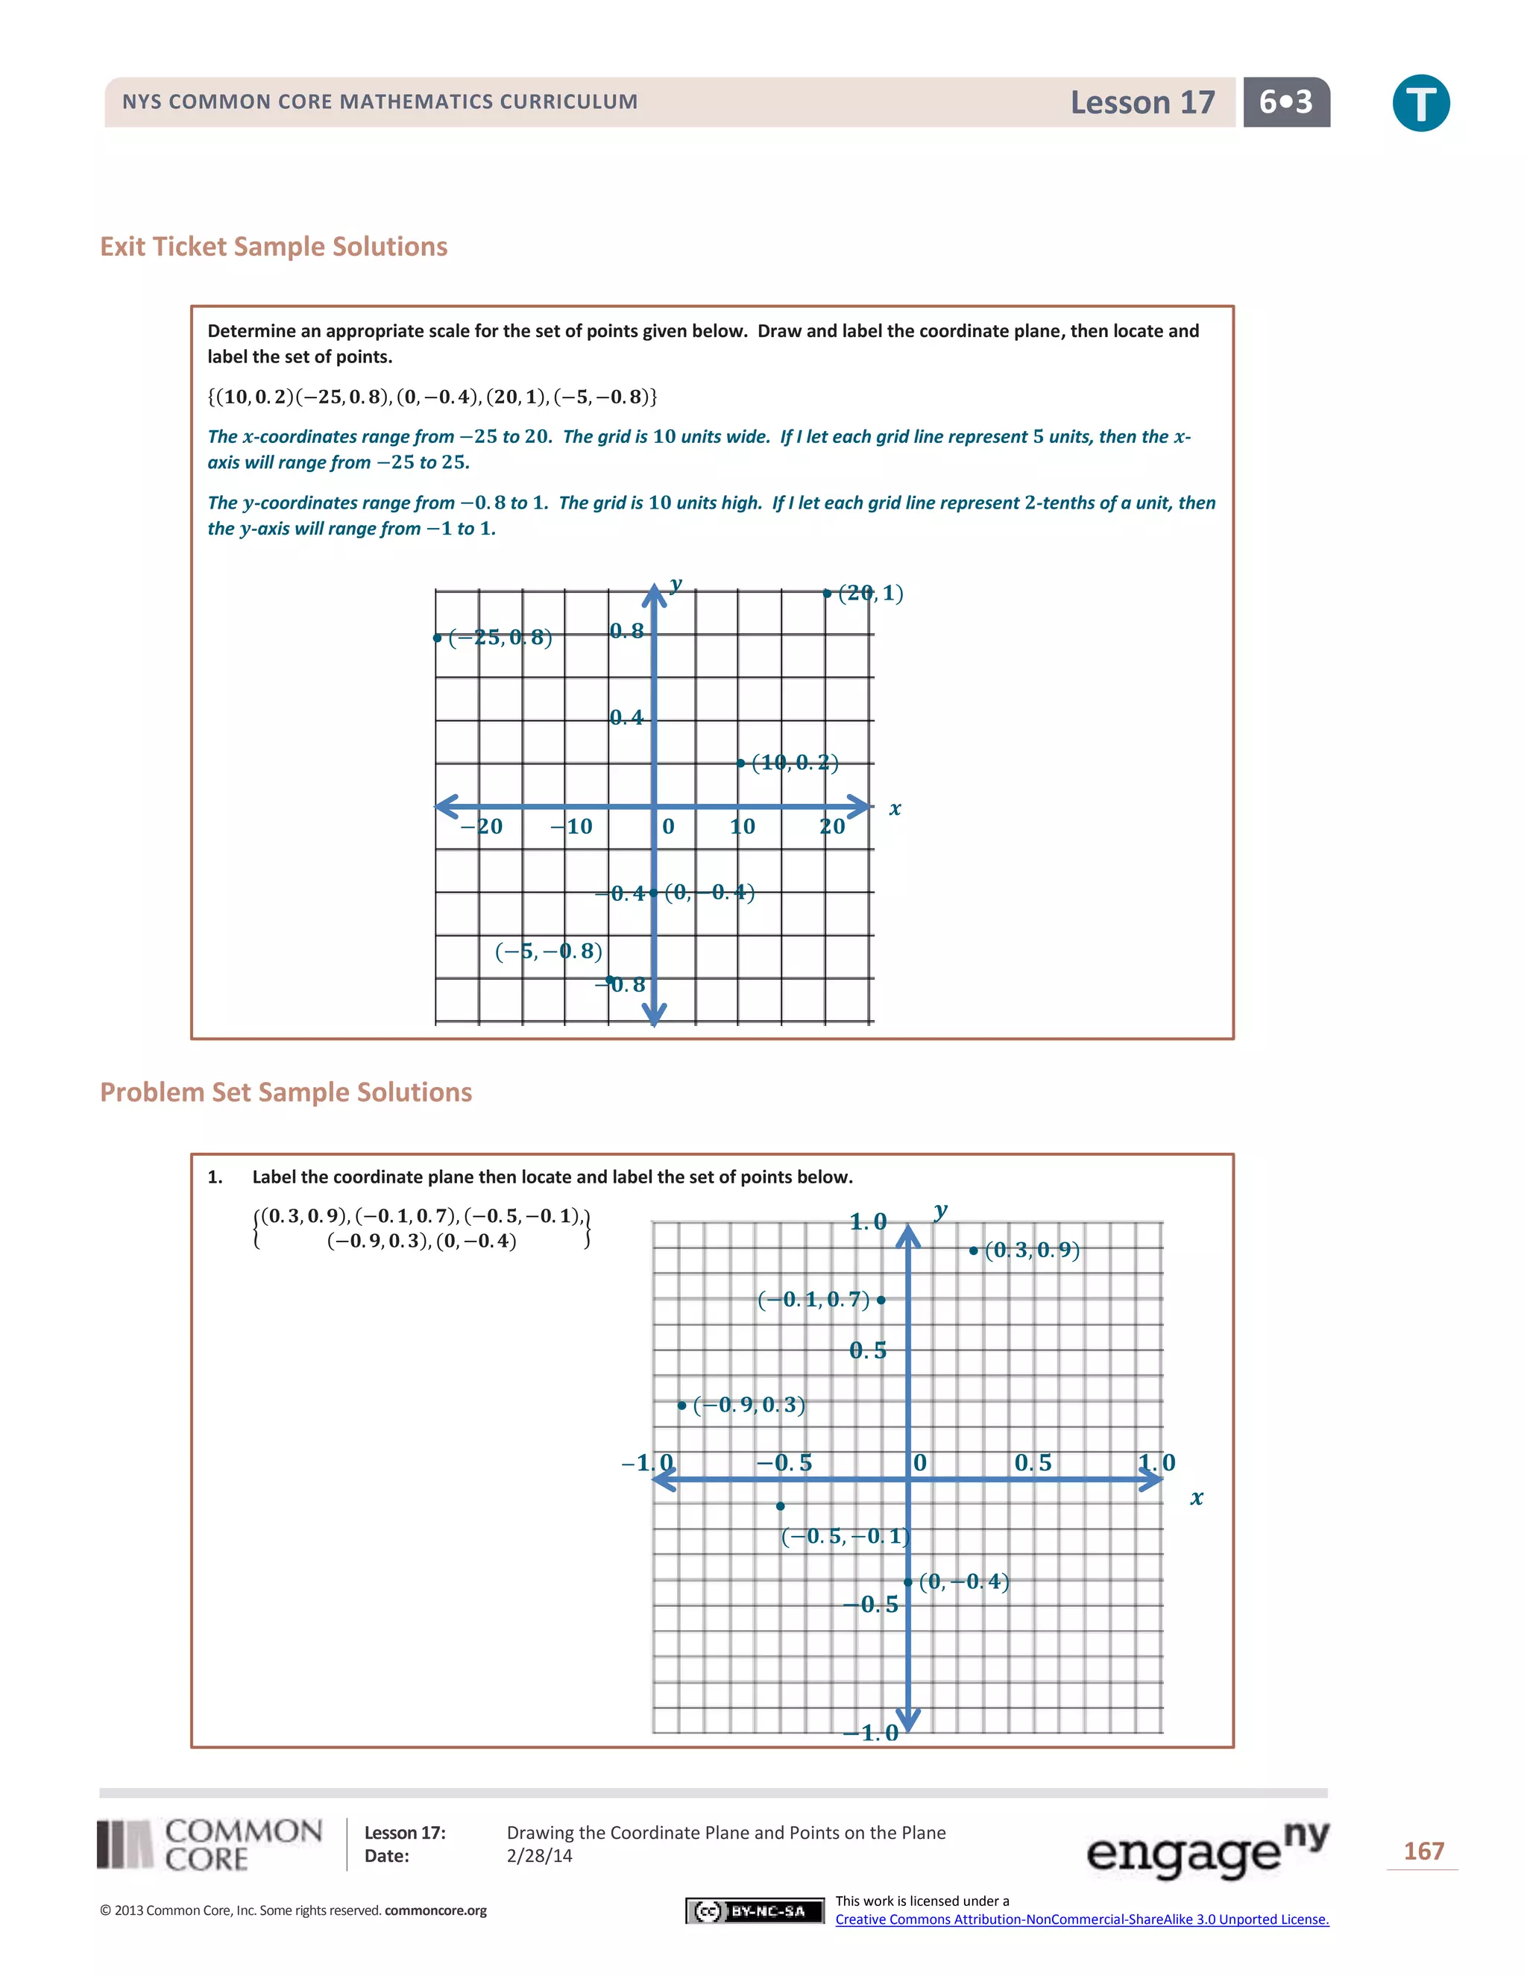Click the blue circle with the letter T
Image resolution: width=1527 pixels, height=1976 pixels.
pos(1420,103)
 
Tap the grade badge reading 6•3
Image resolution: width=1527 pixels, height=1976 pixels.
pos(1285,102)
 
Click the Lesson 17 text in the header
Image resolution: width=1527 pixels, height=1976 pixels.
pos(1142,102)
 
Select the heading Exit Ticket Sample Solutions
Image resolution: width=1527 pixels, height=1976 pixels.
pos(273,246)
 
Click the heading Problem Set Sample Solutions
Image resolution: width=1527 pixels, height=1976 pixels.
pos(286,1092)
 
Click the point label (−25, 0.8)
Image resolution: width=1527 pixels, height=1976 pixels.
pos(500,638)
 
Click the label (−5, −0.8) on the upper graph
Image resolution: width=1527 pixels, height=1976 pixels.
pos(548,951)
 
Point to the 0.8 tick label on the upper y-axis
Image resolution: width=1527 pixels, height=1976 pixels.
pos(626,631)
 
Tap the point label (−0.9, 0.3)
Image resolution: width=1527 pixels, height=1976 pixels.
pos(748,1405)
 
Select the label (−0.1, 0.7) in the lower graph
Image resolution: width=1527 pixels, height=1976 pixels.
pos(813,1300)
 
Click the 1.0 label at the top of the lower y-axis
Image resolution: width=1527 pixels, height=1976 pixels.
pos(868,1222)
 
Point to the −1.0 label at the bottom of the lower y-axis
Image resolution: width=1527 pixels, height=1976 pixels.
pos(870,1733)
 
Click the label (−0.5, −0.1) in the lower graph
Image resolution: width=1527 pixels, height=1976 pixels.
pos(845,1536)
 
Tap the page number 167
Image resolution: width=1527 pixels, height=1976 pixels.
pos(1423,1851)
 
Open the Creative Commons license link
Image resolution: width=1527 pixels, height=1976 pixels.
pos(1081,1919)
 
